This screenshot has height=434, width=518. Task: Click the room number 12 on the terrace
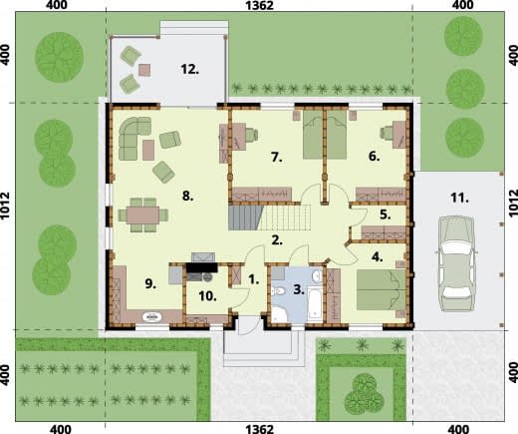coord(189,69)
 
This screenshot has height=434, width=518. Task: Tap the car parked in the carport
coord(456,263)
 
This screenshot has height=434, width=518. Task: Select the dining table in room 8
coord(143,216)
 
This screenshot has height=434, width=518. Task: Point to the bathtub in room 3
coord(315,304)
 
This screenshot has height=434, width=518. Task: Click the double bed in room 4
coord(381,290)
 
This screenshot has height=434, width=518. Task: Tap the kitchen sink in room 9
coord(152,316)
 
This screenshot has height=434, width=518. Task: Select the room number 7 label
coord(276,157)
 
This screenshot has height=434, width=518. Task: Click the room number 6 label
coord(374,156)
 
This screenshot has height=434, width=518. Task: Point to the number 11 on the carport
coord(459,198)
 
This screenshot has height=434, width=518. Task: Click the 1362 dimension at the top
coord(259,5)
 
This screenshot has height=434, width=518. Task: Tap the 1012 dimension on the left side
coord(5,206)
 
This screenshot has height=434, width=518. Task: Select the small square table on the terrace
coord(144,70)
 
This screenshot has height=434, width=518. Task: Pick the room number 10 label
coord(207,295)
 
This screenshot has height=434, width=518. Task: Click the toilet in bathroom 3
coord(278,291)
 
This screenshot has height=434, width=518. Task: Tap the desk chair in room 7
coord(251,135)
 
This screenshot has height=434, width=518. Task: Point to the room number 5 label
coord(385,215)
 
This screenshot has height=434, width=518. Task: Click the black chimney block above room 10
coord(201,267)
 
